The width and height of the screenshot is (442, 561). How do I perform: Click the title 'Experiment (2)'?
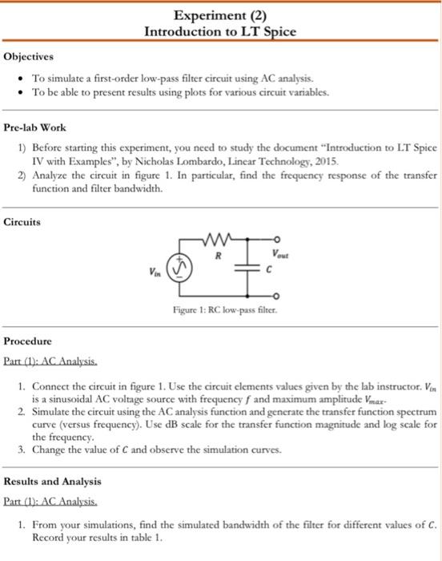click(220, 14)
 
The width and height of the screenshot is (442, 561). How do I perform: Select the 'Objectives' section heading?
click(29, 57)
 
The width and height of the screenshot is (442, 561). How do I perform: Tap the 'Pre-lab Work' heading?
click(35, 127)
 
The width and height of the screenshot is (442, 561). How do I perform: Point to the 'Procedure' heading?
click(30, 341)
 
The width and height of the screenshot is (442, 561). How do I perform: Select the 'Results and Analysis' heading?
click(53, 482)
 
